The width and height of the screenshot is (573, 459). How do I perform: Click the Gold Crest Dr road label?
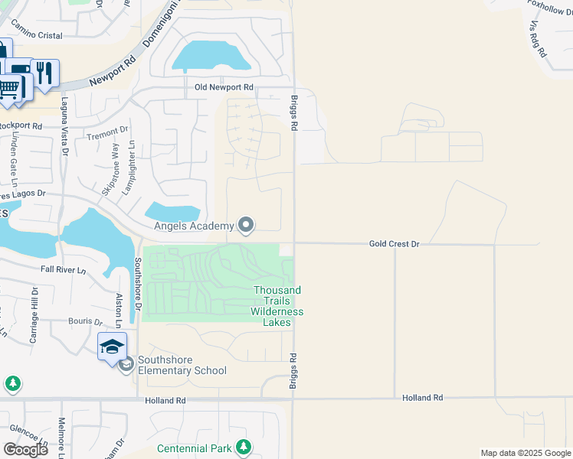coord(395,243)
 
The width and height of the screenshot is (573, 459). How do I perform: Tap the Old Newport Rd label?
coord(224,88)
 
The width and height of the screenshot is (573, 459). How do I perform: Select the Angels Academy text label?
coord(192,226)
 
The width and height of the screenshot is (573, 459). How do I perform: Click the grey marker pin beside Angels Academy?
coord(246,225)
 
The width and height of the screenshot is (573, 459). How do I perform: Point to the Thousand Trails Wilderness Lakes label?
coord(277,306)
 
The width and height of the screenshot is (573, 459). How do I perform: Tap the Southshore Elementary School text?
coord(182,366)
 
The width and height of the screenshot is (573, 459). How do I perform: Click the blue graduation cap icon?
coord(112,347)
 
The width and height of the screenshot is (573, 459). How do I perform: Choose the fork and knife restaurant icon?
coord(44,73)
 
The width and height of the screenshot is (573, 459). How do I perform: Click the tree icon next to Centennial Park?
coord(244,446)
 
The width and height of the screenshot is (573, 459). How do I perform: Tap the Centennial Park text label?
coord(195,448)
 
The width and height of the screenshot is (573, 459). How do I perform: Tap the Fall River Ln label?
coord(64,270)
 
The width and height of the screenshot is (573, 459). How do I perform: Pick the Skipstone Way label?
coord(112,166)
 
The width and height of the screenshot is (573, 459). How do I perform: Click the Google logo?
coord(25,449)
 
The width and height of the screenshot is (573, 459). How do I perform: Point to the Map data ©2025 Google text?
coord(526,453)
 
